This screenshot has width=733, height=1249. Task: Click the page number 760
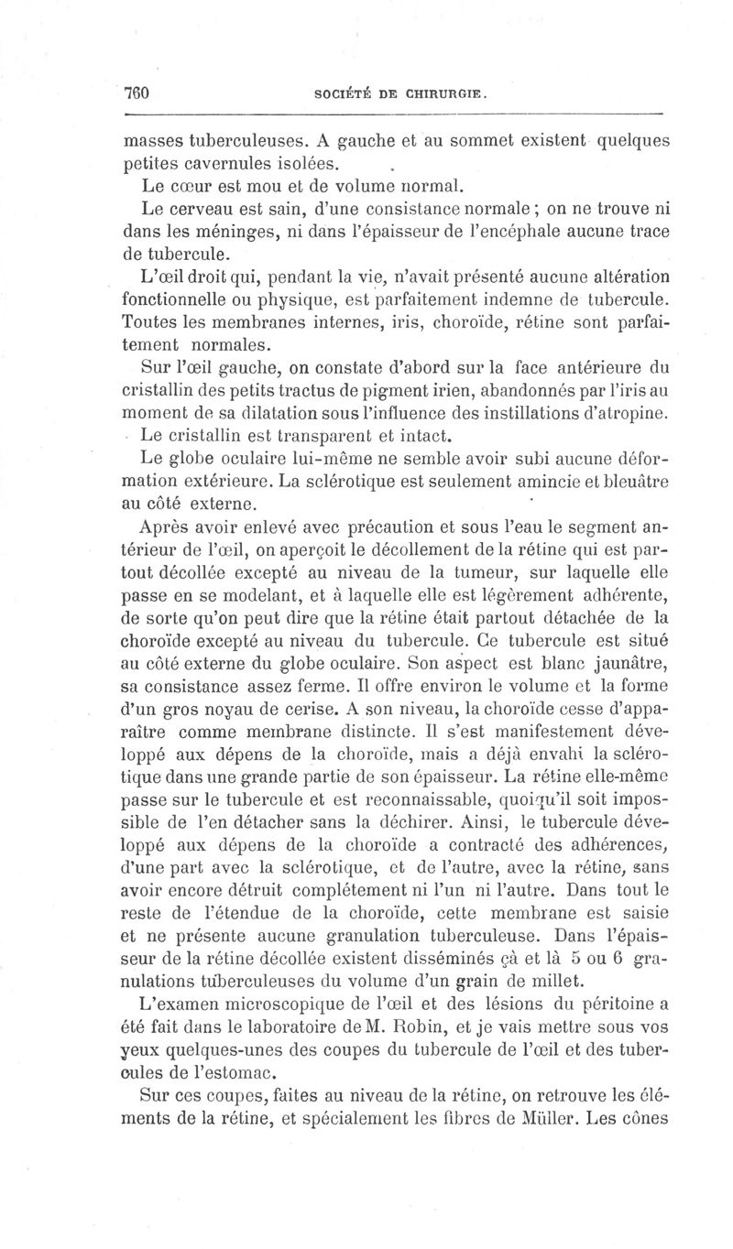pos(137,93)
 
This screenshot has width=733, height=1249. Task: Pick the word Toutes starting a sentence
pos(150,323)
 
